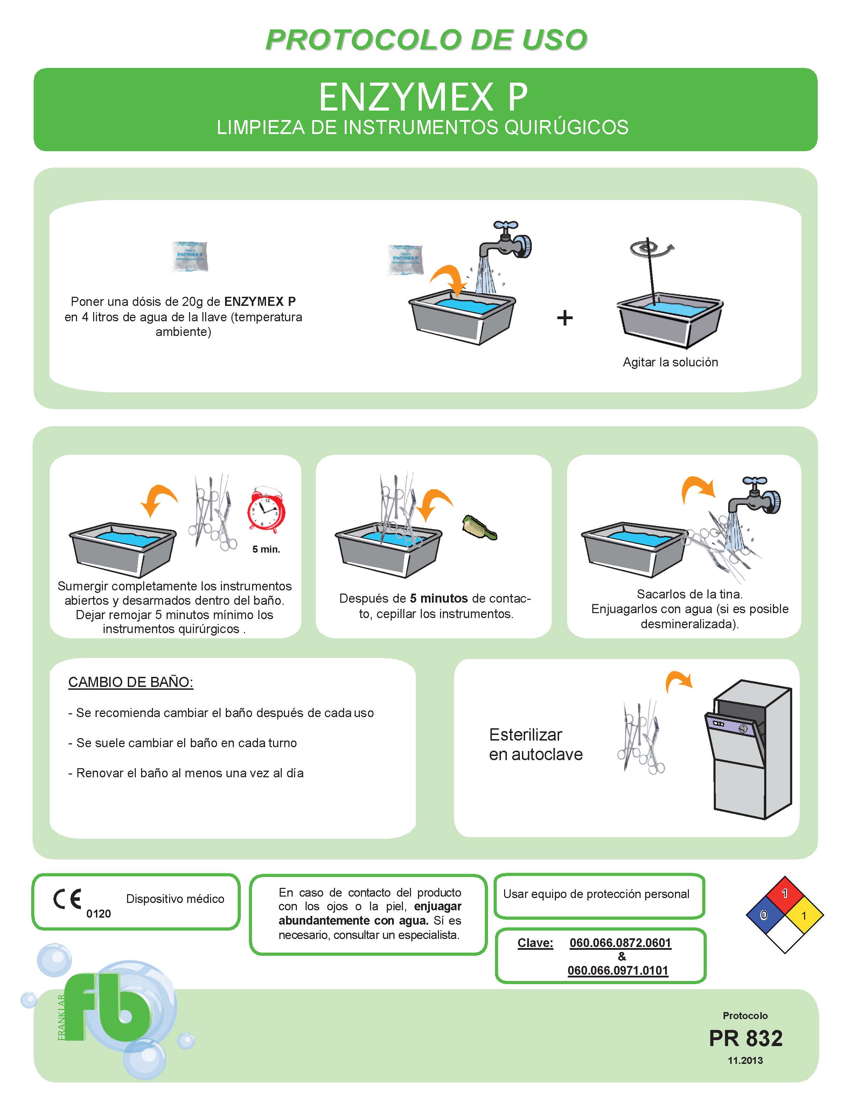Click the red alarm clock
click(266, 510)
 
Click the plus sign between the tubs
click(565, 318)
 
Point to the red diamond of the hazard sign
click(784, 894)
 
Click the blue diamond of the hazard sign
click(764, 914)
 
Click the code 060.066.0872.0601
click(620, 943)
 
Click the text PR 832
click(745, 1038)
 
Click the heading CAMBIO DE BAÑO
click(131, 682)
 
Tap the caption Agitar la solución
click(670, 362)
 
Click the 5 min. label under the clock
click(266, 549)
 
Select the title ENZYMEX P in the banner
click(424, 97)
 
